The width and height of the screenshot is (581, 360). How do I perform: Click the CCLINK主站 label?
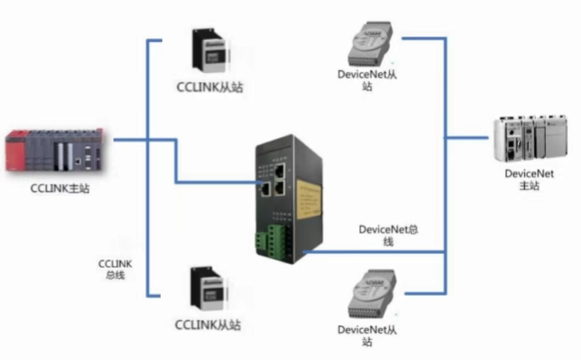(60, 188)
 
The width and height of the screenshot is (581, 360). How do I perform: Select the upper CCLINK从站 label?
(210, 88)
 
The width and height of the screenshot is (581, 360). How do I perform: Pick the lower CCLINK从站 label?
(208, 325)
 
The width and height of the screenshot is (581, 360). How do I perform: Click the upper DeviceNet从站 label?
(367, 80)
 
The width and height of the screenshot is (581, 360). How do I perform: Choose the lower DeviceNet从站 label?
(367, 335)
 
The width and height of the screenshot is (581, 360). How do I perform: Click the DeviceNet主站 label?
(529, 179)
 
